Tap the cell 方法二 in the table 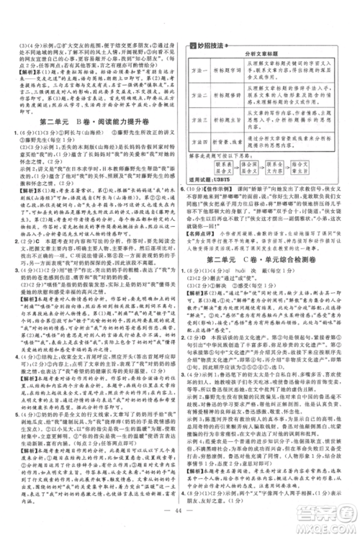tap(202, 94)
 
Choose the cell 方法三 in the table tap(202, 119)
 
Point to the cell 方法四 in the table tap(202, 143)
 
